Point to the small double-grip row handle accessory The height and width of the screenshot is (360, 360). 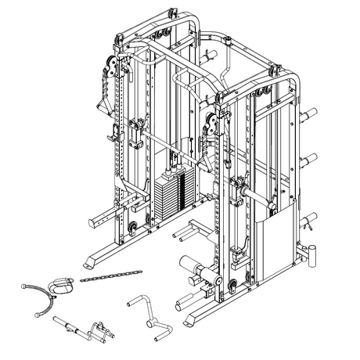click(99, 329)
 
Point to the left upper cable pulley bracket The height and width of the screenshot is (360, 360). click(114, 67)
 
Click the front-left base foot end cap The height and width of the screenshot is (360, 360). click(88, 267)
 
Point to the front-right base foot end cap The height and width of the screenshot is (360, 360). click(188, 322)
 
